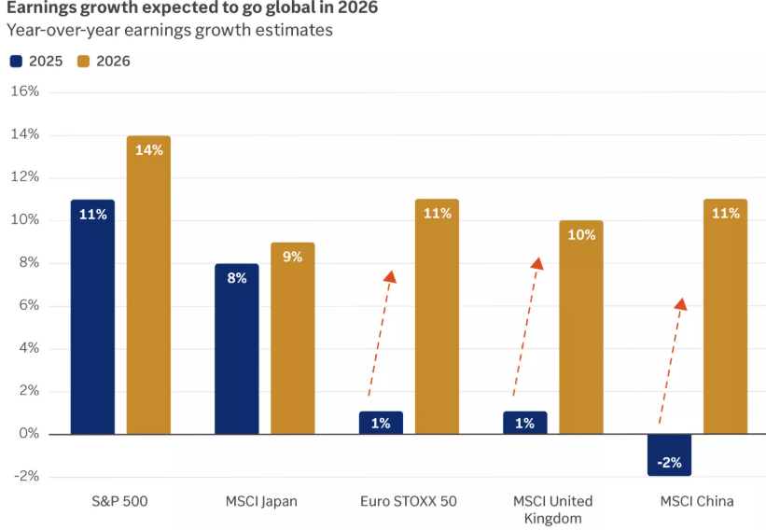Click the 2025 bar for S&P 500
[92, 317]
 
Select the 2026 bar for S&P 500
[148, 285]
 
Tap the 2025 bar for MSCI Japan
[236, 349]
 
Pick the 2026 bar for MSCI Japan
[293, 338]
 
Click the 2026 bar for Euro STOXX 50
[437, 317]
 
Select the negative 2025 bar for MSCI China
[669, 454]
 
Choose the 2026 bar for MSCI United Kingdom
[581, 328]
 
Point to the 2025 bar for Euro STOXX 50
[381, 423]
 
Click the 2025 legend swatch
[17, 62]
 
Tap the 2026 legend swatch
[83, 62]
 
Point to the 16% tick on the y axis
[25, 91]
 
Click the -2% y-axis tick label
[25, 477]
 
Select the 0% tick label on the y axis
[29, 434]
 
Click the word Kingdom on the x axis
[552, 518]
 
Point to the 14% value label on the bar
[148, 149]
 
